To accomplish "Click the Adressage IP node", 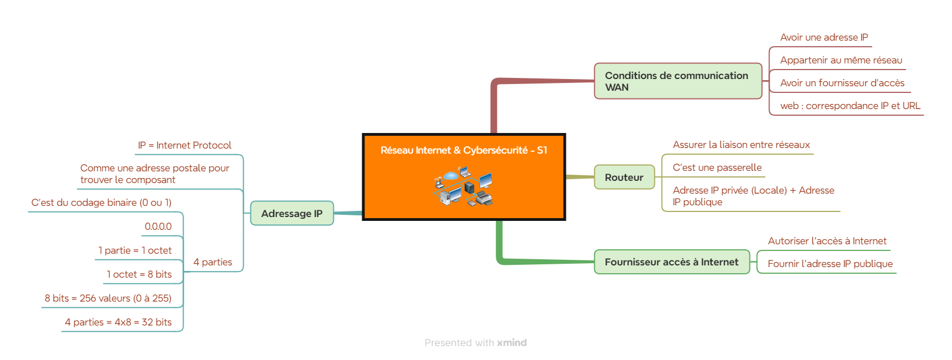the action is (292, 213).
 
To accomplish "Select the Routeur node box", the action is (624, 177).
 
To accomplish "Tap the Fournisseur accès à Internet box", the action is (672, 262).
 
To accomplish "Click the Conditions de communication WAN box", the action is (678, 81).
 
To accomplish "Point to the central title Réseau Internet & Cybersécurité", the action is (463, 150).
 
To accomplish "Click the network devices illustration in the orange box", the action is (463, 186).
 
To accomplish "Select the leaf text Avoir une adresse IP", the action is (823, 37).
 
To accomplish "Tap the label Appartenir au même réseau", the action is (841, 60).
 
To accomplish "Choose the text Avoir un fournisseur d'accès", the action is (842, 83).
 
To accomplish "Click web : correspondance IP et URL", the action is (850, 106).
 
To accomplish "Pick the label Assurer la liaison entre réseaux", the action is (741, 145).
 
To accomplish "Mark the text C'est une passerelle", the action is (717, 168).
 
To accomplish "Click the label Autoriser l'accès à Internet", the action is (827, 241).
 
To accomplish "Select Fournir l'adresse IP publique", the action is (830, 264).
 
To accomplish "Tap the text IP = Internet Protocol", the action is (185, 145).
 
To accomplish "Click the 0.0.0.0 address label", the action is (158, 226).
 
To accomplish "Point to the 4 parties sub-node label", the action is (213, 262).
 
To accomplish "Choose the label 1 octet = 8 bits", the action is (139, 274).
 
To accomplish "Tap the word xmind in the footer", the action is (512, 343).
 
